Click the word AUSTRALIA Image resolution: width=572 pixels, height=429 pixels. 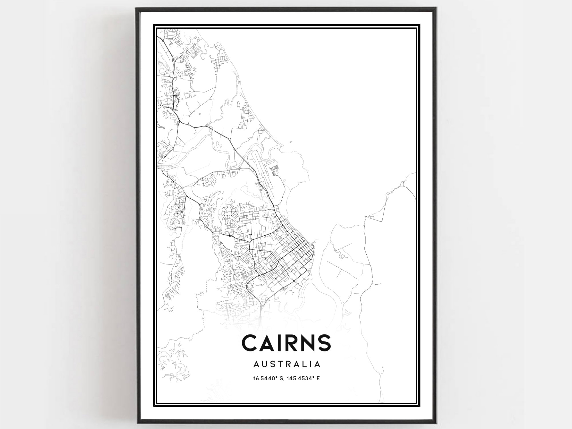[287, 364]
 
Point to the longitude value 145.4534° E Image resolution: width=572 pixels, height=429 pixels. [304, 379]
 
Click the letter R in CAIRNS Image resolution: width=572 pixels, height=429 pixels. [286, 343]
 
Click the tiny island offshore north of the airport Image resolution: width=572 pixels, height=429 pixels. [291, 141]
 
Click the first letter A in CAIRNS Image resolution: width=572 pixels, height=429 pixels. [266, 343]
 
